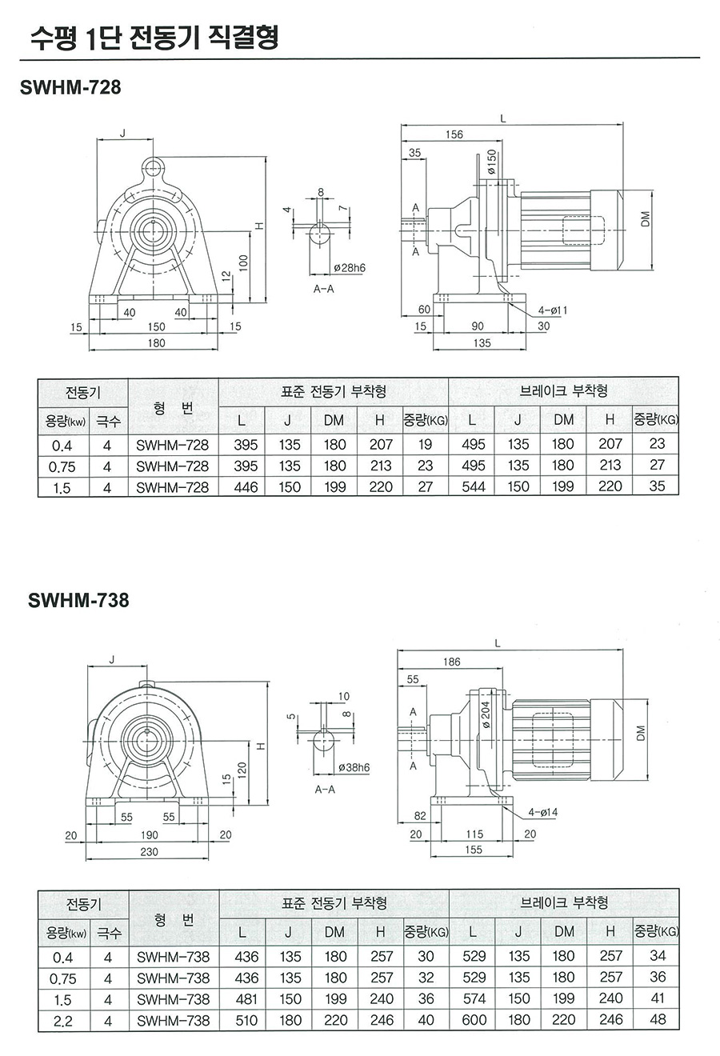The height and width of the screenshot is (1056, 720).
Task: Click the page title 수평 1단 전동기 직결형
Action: click(154, 37)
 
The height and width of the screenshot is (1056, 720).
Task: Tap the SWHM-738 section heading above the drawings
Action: click(78, 600)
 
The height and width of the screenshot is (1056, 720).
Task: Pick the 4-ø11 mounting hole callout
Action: click(553, 309)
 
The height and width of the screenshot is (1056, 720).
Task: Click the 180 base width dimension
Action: click(156, 342)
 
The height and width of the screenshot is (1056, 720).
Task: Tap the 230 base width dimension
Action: click(150, 852)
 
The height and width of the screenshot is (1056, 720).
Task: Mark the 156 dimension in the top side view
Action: click(454, 134)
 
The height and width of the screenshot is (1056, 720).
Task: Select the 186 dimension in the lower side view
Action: click(452, 662)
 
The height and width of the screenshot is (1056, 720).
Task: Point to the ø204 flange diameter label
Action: click(486, 714)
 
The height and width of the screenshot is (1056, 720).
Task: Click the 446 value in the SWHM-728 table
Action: click(246, 487)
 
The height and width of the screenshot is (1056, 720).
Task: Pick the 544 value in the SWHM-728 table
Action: click(474, 487)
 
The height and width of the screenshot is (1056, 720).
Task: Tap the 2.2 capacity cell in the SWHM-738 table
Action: click(62, 1021)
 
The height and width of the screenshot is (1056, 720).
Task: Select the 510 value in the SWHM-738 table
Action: click(246, 1020)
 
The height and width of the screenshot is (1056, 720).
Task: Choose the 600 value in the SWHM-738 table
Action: click(474, 1020)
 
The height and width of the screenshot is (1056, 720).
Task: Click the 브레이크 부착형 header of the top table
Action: click(563, 391)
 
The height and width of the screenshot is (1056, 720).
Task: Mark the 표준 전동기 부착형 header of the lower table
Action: click(334, 903)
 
